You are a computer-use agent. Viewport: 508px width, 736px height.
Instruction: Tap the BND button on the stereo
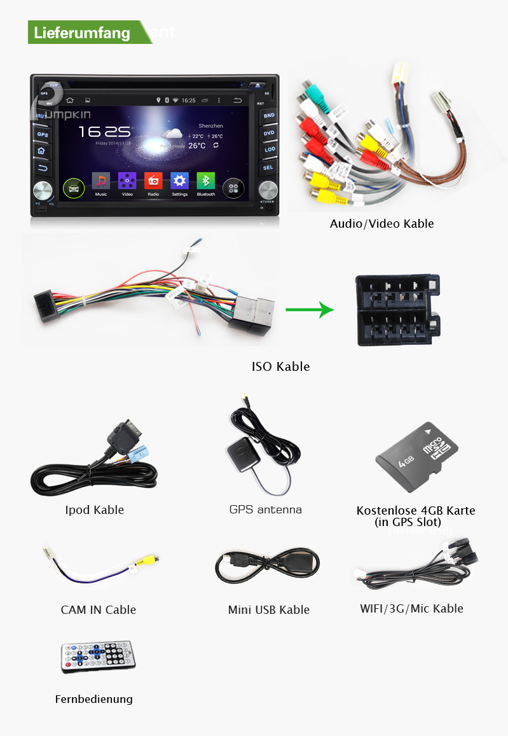(x=269, y=116)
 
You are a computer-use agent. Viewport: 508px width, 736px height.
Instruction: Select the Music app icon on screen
(x=101, y=181)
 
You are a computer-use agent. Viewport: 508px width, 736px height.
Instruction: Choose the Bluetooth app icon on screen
(x=205, y=181)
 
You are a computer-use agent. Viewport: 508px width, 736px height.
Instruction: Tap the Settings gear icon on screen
(x=180, y=181)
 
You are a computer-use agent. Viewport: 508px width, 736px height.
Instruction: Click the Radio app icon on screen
(x=153, y=181)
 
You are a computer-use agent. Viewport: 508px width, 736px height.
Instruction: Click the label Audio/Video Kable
(x=381, y=223)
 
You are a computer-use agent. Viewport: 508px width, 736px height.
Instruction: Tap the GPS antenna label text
(x=265, y=510)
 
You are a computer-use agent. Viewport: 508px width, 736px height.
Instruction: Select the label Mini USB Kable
(x=268, y=609)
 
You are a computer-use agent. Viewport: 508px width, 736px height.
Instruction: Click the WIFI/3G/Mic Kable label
(x=411, y=608)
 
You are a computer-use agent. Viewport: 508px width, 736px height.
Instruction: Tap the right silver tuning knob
(x=268, y=190)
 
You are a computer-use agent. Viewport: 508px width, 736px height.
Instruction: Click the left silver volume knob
(x=43, y=190)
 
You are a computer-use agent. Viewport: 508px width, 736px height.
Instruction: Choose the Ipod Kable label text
(x=94, y=510)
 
